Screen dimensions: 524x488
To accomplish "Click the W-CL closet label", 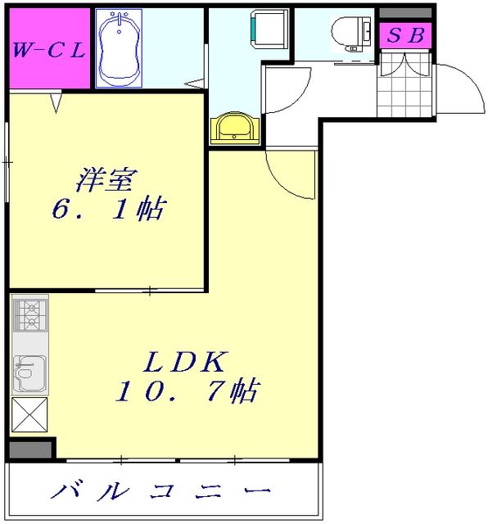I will pyautogui.click(x=48, y=49).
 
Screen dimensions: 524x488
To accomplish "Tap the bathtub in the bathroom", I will pyautogui.click(x=120, y=47).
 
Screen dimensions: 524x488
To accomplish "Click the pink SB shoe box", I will pyautogui.click(x=405, y=37).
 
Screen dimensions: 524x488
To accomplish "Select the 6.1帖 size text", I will pyautogui.click(x=106, y=210).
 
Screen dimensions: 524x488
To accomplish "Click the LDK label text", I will pyautogui.click(x=186, y=360).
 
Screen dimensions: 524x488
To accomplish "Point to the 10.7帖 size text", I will pyautogui.click(x=186, y=392).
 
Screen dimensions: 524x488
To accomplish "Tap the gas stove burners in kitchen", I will pyautogui.click(x=30, y=314).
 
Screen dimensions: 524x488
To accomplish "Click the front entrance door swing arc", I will pyautogui.click(x=459, y=88).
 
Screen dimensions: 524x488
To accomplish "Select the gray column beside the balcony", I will pyautogui.click(x=30, y=449).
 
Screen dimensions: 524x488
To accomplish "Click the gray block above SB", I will pyautogui.click(x=405, y=13).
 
